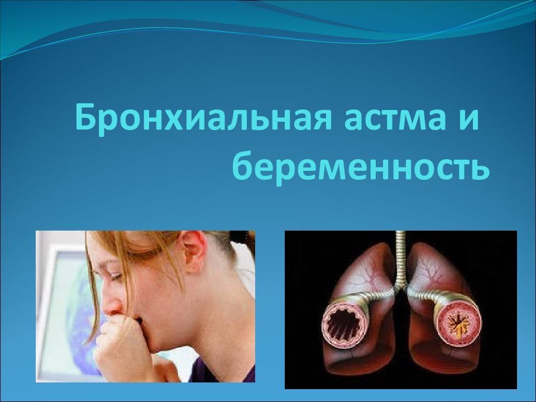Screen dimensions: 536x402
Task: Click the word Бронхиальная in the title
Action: point(203,118)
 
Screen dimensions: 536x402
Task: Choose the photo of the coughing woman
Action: point(145,307)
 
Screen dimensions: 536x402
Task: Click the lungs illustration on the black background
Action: point(401,310)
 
